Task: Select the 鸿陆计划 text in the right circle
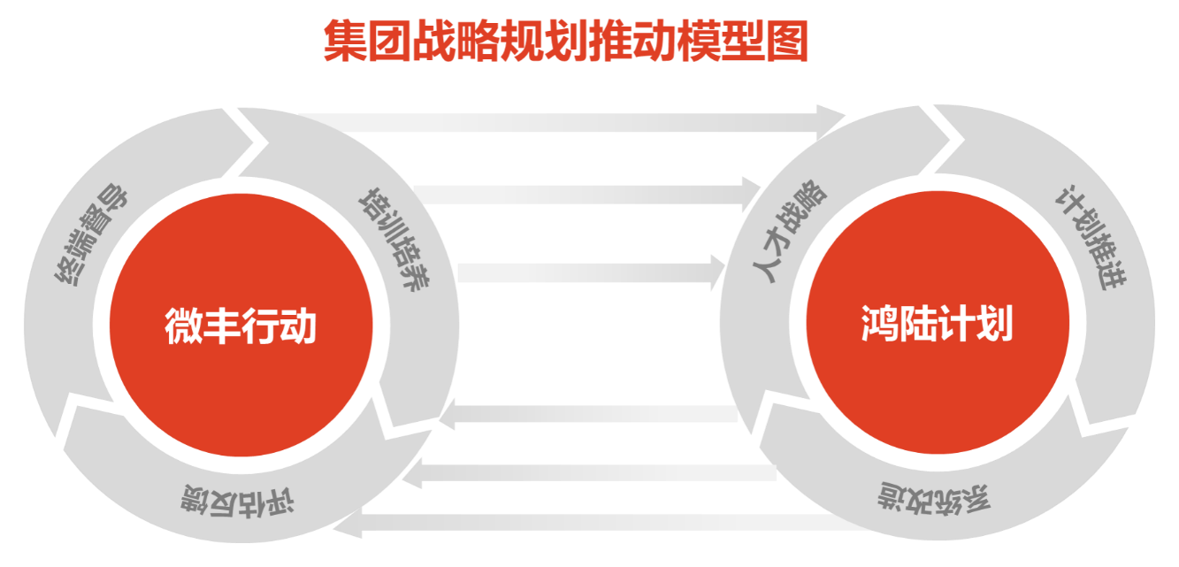(937, 326)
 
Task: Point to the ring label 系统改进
(934, 498)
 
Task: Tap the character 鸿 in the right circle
(878, 326)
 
